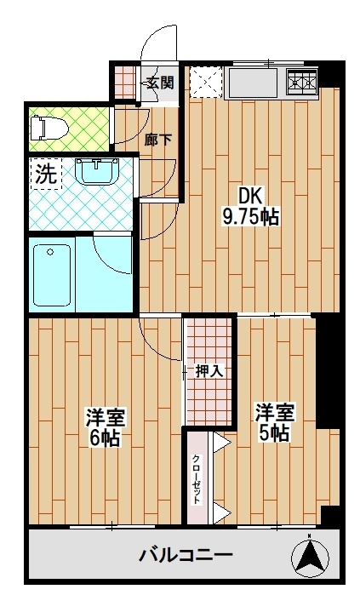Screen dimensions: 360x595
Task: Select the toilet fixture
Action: pyautogui.click(x=49, y=128)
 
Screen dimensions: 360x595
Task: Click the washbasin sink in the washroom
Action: pyautogui.click(x=98, y=171)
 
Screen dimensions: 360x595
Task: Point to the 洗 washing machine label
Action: pyautogui.click(x=46, y=174)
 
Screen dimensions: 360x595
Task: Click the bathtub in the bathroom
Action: pyautogui.click(x=52, y=275)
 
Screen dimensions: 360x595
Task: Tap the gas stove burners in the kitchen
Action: pyautogui.click(x=302, y=82)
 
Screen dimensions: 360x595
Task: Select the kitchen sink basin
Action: pyautogui.click(x=253, y=82)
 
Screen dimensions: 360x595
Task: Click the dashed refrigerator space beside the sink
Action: pyautogui.click(x=206, y=82)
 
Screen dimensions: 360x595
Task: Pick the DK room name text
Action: pyautogui.click(x=249, y=197)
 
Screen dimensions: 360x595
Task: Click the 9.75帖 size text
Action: pyautogui.click(x=250, y=217)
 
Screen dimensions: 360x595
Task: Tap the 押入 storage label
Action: pyautogui.click(x=209, y=371)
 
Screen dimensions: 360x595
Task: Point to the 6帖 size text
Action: pyautogui.click(x=105, y=438)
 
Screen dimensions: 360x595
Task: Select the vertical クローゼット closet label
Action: pyautogui.click(x=197, y=478)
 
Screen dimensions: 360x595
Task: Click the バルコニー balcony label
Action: pyautogui.click(x=186, y=557)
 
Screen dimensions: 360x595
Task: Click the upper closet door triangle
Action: pyautogui.click(x=221, y=443)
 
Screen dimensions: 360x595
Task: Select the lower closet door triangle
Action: pyautogui.click(x=221, y=513)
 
